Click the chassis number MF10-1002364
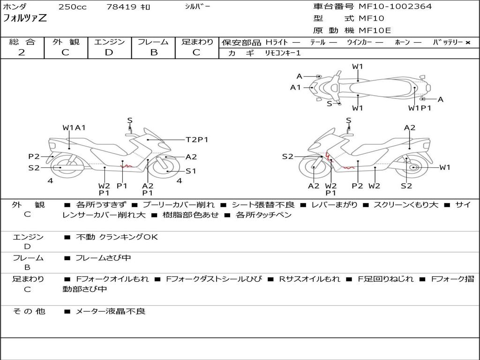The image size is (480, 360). [x=395, y=7]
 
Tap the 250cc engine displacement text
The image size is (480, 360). [x=73, y=7]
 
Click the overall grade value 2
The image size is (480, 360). [x=22, y=52]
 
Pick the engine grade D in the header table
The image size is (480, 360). [x=109, y=52]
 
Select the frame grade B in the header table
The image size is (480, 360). [x=154, y=52]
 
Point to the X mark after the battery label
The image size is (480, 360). [x=468, y=43]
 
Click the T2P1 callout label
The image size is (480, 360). [x=197, y=140]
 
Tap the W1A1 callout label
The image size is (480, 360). [x=74, y=127]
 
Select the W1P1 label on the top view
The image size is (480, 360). [x=420, y=108]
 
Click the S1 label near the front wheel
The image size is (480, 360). [x=191, y=171]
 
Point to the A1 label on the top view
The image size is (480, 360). [x=295, y=88]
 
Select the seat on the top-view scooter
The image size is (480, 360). [x=382, y=88]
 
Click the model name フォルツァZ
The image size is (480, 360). [x=25, y=18]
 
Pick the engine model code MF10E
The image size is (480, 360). [x=375, y=30]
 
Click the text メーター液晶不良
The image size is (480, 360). [x=110, y=311]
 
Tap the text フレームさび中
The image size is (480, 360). [x=103, y=258]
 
